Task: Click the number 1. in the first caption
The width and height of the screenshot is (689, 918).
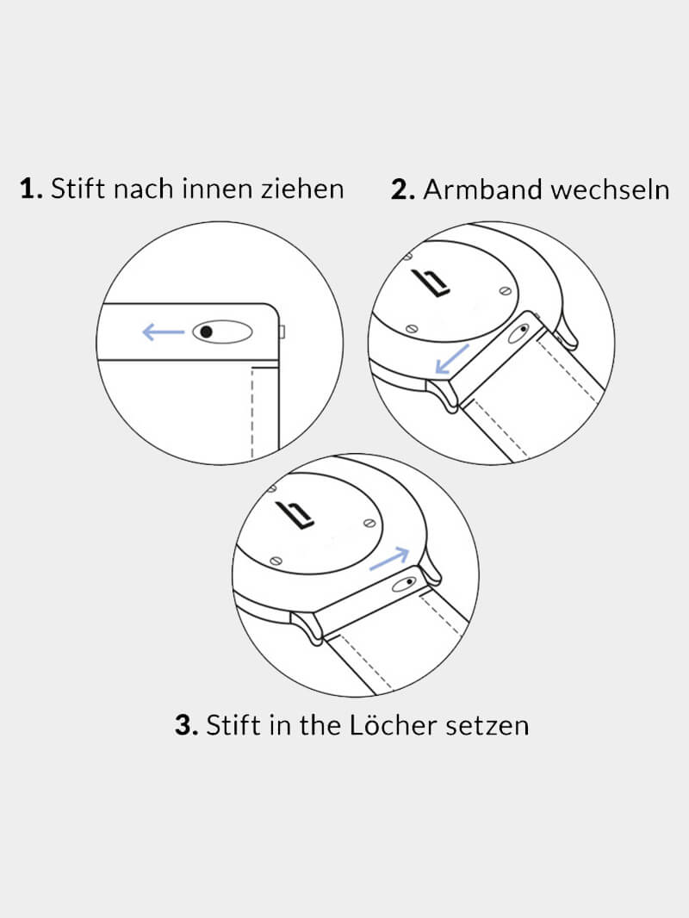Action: pyautogui.click(x=31, y=189)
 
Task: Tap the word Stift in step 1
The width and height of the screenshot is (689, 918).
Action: pyautogui.click(x=78, y=188)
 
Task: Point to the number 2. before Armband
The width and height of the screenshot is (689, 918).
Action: pyautogui.click(x=403, y=189)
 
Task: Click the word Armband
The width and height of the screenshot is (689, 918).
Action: pyautogui.click(x=482, y=189)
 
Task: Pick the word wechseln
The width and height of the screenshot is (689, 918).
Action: pyautogui.click(x=610, y=189)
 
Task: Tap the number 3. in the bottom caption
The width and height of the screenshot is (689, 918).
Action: pyautogui.click(x=187, y=725)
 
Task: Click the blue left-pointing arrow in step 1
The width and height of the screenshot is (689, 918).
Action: pyautogui.click(x=164, y=332)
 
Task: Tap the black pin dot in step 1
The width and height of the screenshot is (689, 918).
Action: pyautogui.click(x=206, y=332)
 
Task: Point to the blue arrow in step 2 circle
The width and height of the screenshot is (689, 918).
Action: pyautogui.click(x=452, y=359)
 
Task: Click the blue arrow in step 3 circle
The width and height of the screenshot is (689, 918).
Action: pyautogui.click(x=389, y=559)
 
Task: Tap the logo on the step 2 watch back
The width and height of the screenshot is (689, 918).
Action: pyautogui.click(x=431, y=282)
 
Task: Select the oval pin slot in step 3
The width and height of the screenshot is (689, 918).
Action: pyautogui.click(x=405, y=583)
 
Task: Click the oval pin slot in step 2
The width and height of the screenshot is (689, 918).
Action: pyautogui.click(x=518, y=333)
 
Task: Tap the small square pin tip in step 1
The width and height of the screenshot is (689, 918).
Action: pyautogui.click(x=282, y=332)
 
